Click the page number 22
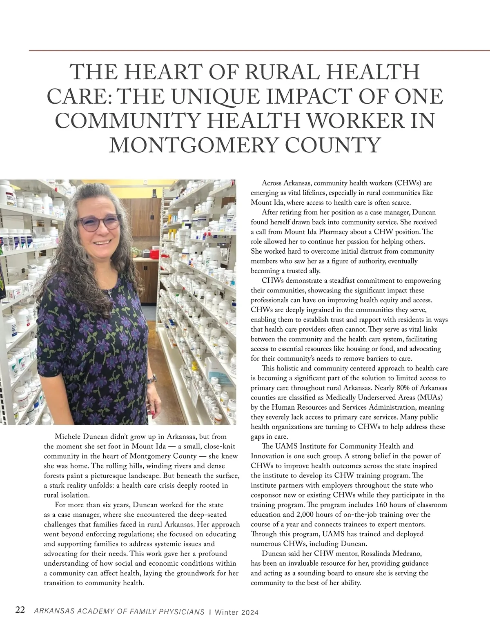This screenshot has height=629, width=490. pos(20,611)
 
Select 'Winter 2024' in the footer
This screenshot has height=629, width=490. pos(236,612)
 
